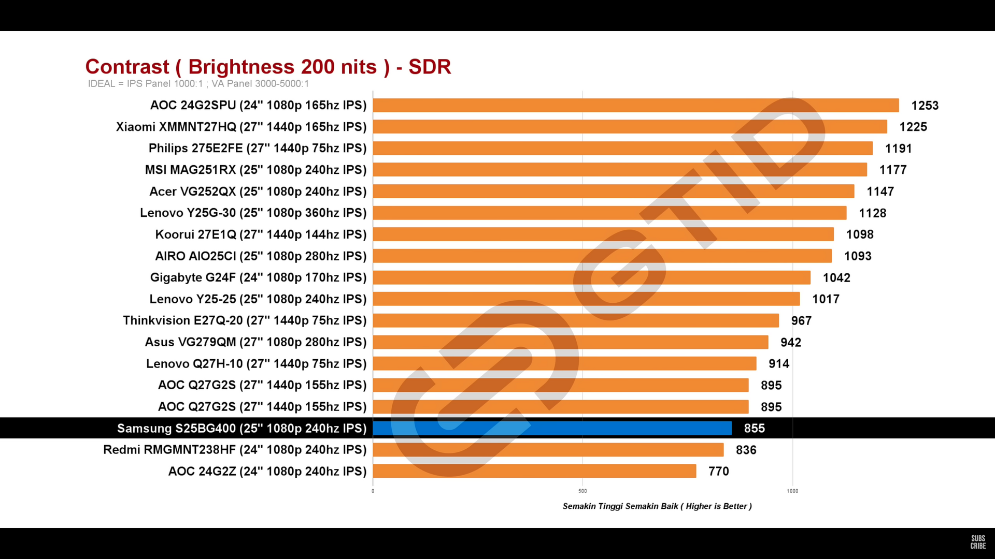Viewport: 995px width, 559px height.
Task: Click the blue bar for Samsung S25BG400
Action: click(552, 428)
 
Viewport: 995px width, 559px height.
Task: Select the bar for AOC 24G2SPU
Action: click(636, 105)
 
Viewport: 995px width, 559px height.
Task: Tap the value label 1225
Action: click(913, 127)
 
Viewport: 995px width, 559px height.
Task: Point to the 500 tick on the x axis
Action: click(582, 491)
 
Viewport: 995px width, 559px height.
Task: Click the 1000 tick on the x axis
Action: click(792, 491)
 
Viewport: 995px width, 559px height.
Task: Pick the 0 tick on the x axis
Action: click(373, 491)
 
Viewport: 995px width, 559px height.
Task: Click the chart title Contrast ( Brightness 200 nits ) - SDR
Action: click(268, 67)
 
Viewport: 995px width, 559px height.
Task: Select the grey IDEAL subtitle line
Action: click(198, 84)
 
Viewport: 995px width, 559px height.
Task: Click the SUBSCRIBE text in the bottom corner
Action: click(978, 542)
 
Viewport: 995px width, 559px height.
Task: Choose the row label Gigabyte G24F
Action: click(258, 277)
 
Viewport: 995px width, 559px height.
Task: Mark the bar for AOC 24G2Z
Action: click(534, 471)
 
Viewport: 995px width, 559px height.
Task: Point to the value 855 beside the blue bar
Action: click(755, 429)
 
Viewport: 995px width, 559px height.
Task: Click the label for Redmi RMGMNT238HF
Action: click(235, 450)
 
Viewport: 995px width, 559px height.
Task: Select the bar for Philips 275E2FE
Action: click(622, 149)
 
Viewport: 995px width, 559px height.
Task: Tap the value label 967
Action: click(801, 321)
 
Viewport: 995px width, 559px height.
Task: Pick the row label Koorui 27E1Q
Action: click(261, 234)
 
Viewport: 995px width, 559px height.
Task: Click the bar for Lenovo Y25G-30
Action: click(609, 213)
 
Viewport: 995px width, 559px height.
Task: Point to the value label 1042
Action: click(836, 278)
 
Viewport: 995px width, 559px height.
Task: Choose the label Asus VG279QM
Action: click(255, 342)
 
